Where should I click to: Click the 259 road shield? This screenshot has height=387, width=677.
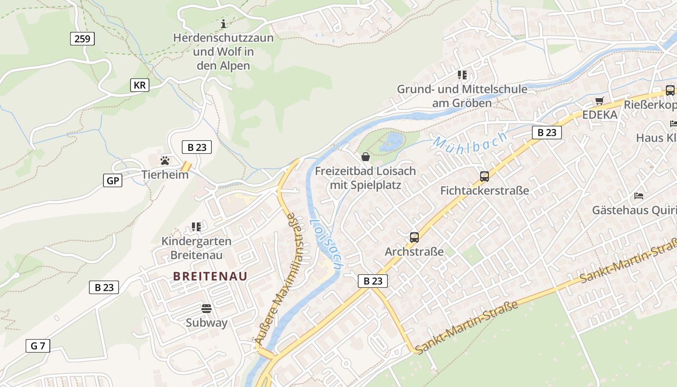coord(82,39)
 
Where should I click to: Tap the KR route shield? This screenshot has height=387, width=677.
coord(140,86)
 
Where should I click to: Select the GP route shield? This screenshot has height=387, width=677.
coord(113,181)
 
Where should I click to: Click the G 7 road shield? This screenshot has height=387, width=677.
coord(38,346)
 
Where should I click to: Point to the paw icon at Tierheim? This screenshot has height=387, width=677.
coord(165,160)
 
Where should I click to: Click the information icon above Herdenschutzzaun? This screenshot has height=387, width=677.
coord(223,23)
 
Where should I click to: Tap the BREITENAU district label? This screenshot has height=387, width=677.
coord(210,276)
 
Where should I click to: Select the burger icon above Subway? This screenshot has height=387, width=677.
coord(206,308)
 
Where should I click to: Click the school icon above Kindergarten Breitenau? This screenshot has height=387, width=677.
coord(196,226)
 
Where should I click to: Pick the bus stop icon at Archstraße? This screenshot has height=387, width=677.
coord(414,237)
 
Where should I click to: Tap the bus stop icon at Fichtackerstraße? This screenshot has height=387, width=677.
coord(484,176)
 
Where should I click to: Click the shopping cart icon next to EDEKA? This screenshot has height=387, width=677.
coord(600,101)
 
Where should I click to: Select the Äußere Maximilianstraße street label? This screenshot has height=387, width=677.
coord(282,281)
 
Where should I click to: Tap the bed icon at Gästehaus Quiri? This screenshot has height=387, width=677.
coord(639,196)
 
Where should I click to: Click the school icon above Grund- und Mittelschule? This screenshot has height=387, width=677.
coord(462,74)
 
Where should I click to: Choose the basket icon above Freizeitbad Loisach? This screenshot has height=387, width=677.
coord(366,156)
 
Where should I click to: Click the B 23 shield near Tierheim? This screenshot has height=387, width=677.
coord(197,147)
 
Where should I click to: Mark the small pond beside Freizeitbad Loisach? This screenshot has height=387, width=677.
coord(392,142)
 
